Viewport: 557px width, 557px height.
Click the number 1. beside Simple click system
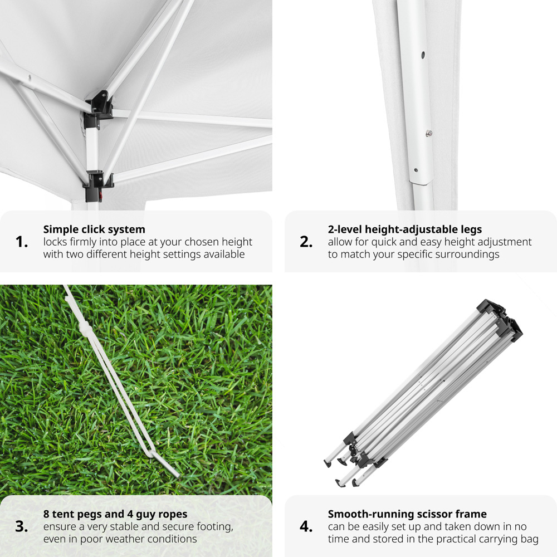(x=22, y=242)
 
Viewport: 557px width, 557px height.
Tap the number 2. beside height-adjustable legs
(x=306, y=242)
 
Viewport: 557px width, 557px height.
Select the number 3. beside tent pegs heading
(x=22, y=526)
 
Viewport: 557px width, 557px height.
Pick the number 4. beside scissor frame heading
(x=306, y=526)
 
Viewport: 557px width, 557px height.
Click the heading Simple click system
(x=94, y=229)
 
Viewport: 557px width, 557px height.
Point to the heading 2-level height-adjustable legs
(x=405, y=229)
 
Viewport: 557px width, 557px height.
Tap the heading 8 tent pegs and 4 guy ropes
(x=115, y=514)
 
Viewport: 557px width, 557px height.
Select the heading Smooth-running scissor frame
(x=408, y=514)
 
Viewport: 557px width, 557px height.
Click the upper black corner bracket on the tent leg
(x=99, y=109)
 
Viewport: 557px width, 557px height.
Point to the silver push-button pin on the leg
(x=429, y=133)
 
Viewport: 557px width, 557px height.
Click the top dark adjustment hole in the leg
(x=423, y=55)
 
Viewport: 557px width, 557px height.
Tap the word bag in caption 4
(x=530, y=539)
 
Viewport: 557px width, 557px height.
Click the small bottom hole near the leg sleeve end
(x=416, y=170)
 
